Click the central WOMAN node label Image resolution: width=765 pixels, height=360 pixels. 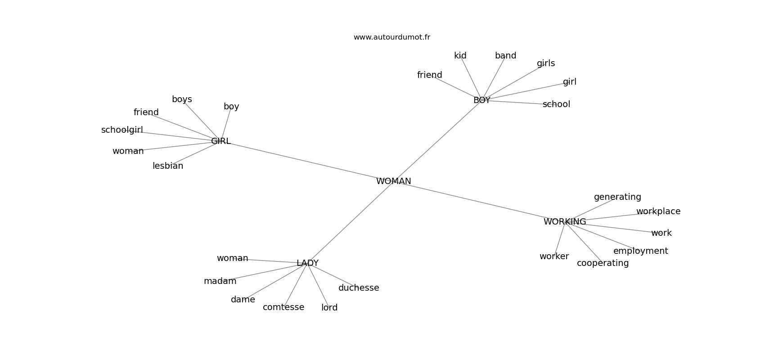coord(393,181)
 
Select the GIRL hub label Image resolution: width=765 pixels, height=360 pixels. coord(220,141)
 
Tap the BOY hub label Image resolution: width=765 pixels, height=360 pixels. coord(481,100)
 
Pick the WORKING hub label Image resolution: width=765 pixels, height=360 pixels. coord(564,222)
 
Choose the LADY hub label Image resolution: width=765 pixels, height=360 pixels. coord(307,263)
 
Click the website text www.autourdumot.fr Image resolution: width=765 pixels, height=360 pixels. coord(391,37)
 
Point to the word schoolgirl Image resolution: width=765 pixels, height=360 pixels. coord(122,130)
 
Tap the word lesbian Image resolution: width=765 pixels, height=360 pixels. coord(168,166)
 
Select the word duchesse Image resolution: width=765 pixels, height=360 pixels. coord(359,288)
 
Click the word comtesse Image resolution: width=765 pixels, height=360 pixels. coord(283,307)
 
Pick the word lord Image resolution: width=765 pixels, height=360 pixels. coord(329,308)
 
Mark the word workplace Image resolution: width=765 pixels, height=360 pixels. coord(658,211)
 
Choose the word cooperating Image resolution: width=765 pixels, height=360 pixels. coord(603,263)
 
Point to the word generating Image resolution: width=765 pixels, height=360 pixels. coord(617,197)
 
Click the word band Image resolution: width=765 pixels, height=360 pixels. coord(505,56)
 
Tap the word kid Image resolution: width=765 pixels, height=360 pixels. coord(460,56)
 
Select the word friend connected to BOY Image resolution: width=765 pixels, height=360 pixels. coord(429,75)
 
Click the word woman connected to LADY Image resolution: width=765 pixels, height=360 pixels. coord(232,258)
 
